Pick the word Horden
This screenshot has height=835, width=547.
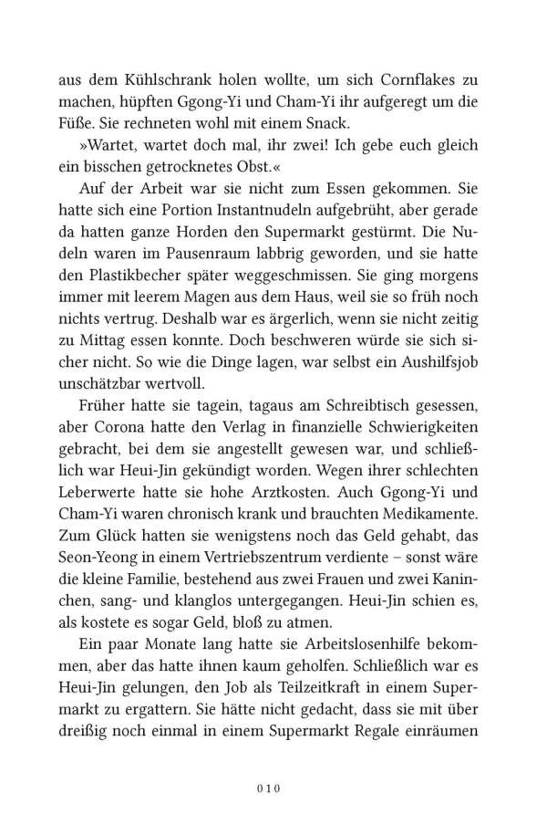coord(212,250)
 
